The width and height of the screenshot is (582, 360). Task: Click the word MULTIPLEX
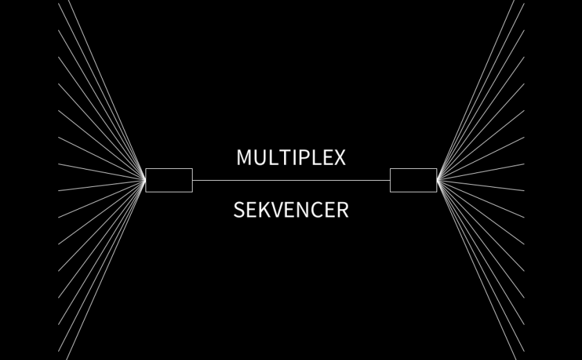[291, 157]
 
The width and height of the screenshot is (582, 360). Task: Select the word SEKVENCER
[291, 210]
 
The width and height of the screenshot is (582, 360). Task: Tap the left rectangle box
[169, 180]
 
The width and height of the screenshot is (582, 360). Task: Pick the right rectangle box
[413, 180]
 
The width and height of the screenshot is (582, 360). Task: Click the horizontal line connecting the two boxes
[291, 180]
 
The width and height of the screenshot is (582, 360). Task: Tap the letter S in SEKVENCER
[239, 210]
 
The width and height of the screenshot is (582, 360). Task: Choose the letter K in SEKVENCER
[266, 210]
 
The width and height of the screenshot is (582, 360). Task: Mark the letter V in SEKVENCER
[280, 210]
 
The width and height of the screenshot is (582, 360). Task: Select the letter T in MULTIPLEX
[284, 157]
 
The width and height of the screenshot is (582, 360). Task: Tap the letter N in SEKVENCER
[307, 210]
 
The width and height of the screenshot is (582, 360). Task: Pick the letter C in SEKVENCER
[321, 210]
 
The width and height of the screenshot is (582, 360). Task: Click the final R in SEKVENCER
[343, 210]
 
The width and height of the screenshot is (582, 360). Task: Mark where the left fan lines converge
[145, 180]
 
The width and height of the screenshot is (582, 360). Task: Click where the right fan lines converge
[437, 180]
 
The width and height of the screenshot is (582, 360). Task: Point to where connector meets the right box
[390, 180]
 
